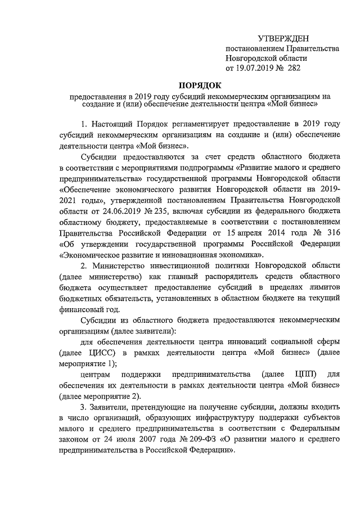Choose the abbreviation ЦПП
point(305,374)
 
